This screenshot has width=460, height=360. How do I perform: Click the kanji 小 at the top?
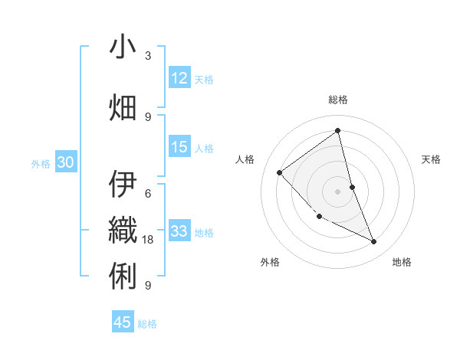point(123,47)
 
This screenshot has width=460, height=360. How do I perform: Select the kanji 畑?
point(123,107)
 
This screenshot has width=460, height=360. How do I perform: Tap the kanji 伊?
point(123,184)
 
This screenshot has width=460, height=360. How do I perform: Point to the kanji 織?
point(123,228)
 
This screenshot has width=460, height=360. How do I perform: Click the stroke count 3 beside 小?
point(148,56)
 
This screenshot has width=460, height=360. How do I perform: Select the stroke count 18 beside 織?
point(149,240)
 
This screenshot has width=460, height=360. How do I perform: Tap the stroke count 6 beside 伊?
point(148,193)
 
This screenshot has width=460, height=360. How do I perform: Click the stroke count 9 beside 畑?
point(148,116)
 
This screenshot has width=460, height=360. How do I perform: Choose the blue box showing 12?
point(179,78)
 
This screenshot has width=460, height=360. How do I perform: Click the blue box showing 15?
point(179,147)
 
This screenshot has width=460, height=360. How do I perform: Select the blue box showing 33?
point(179,231)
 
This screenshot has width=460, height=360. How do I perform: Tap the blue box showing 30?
point(65,162)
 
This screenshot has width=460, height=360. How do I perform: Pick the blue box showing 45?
point(123,322)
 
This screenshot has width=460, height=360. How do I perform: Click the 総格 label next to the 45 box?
point(147,324)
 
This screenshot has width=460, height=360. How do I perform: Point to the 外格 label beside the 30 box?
point(41,163)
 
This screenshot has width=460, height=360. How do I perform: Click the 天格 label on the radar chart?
point(432,159)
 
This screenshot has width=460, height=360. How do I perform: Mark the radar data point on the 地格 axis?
point(374,242)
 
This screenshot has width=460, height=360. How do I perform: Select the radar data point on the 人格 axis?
point(280,172)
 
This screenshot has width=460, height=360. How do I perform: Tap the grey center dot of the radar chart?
point(337,191)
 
